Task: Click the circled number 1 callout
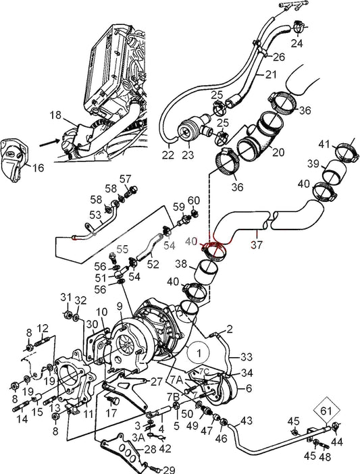pos(199,352)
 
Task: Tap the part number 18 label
pos(55,116)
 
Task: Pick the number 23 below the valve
pos(187,155)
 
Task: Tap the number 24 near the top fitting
pos(297,45)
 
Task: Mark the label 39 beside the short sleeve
pos(313,165)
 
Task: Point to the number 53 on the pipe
pos(96,215)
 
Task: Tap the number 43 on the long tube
pos(247,421)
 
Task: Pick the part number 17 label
pos(112,413)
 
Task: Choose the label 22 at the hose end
pos(168,155)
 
